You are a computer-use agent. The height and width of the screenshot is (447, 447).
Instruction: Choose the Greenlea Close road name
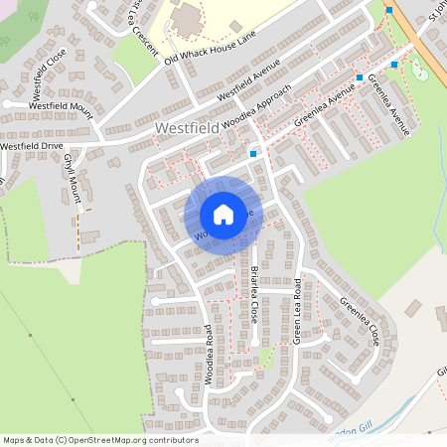(x=360, y=321)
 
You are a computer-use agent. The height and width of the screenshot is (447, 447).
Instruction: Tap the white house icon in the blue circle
(x=223, y=214)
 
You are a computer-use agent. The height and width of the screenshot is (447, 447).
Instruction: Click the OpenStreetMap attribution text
(x=100, y=440)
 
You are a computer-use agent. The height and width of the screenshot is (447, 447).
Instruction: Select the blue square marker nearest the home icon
(x=253, y=154)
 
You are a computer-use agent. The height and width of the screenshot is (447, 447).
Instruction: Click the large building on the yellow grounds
(x=185, y=17)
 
